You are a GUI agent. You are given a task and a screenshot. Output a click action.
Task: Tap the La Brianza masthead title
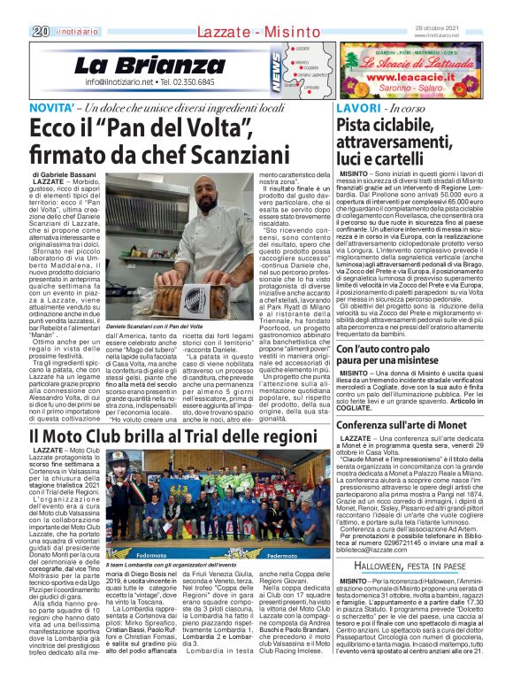[137, 65]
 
